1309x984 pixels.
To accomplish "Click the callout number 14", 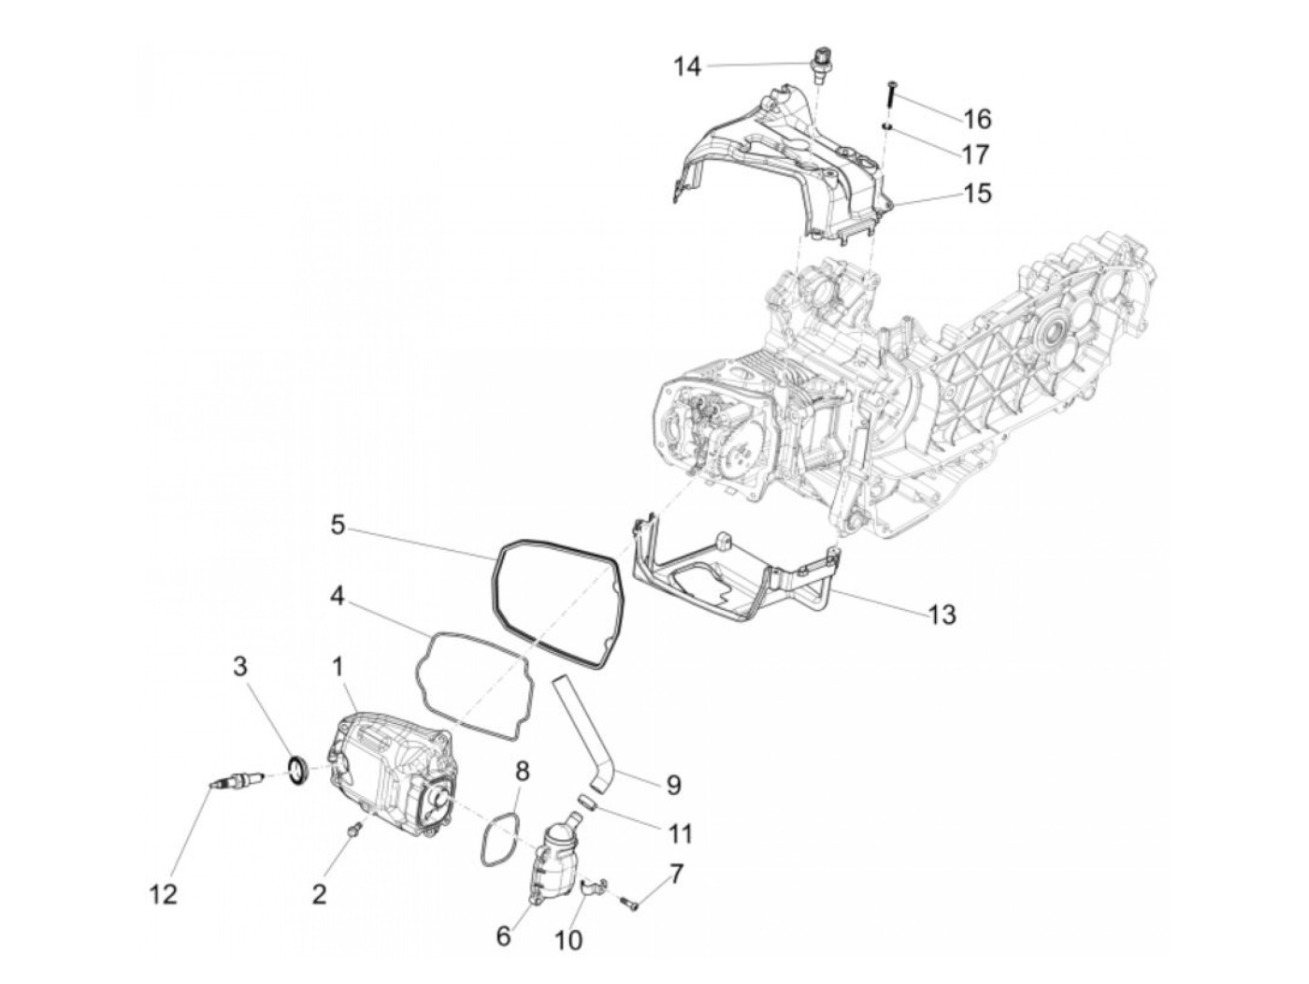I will tap(687, 66).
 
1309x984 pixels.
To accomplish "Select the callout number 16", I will tap(977, 119).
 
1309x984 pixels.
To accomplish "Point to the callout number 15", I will tap(977, 194).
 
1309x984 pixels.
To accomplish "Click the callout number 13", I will tap(942, 615).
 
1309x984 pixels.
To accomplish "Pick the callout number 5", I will tap(338, 525).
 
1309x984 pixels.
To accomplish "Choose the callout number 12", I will tap(163, 895).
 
